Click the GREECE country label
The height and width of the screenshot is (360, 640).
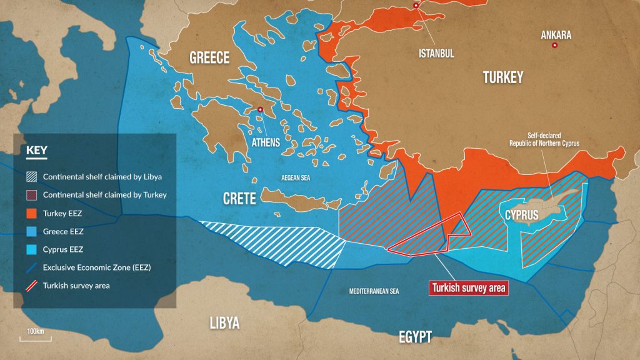tap(209, 58)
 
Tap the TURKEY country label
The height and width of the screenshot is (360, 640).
tap(502, 77)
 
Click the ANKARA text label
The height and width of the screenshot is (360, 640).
tap(556, 35)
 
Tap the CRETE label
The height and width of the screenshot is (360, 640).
tap(240, 199)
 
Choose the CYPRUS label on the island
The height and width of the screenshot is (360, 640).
tap(518, 216)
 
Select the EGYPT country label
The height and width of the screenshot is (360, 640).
tap(415, 337)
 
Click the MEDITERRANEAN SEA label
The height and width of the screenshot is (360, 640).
tap(374, 291)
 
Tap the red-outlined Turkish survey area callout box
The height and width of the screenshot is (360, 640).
tap(468, 288)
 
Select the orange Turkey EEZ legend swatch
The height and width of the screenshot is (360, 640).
tap(31, 213)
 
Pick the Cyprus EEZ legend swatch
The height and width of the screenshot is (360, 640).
tap(31, 249)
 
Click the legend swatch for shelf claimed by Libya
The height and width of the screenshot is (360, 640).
tap(31, 177)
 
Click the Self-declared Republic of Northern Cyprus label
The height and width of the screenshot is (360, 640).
tap(544, 139)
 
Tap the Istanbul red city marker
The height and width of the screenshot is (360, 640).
tap(416, 6)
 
